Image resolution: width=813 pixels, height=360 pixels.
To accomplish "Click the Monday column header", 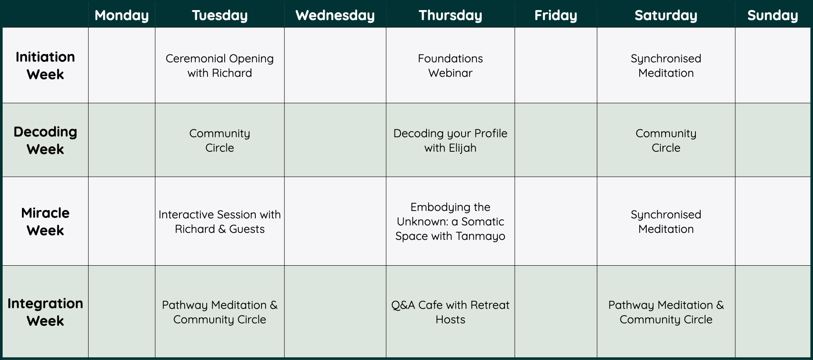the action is click(x=122, y=15).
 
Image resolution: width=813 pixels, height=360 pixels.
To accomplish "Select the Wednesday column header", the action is click(x=335, y=15).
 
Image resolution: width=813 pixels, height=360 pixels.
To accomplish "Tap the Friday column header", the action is click(x=555, y=15).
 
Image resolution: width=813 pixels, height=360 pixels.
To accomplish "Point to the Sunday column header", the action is click(x=773, y=15).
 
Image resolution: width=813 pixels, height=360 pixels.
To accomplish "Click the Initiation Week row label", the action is click(x=45, y=65).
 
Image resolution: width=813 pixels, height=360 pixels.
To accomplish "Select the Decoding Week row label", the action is click(x=45, y=140).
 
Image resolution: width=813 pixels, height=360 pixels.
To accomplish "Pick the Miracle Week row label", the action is click(x=45, y=221).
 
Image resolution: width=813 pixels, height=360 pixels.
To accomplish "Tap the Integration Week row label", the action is click(x=45, y=312).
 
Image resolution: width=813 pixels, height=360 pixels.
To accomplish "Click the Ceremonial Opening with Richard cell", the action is click(x=220, y=65).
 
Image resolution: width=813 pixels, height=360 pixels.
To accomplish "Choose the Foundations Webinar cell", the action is click(x=450, y=65).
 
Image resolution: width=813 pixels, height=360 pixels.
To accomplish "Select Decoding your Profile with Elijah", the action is click(x=450, y=140).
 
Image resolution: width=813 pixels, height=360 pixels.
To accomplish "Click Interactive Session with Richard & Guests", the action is click(x=220, y=221).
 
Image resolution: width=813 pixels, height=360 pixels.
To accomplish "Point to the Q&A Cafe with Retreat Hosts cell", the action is click(x=450, y=312).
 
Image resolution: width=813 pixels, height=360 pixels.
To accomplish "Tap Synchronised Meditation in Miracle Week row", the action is click(x=666, y=221).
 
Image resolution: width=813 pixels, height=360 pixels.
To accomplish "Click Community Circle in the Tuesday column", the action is click(x=220, y=140).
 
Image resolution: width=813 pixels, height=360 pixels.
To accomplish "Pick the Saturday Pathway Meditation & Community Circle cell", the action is click(x=666, y=312).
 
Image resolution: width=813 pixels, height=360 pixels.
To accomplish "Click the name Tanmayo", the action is click(x=480, y=236).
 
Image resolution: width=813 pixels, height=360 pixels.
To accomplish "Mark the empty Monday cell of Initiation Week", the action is click(x=122, y=65).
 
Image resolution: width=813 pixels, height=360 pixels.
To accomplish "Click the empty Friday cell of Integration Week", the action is click(x=555, y=311).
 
